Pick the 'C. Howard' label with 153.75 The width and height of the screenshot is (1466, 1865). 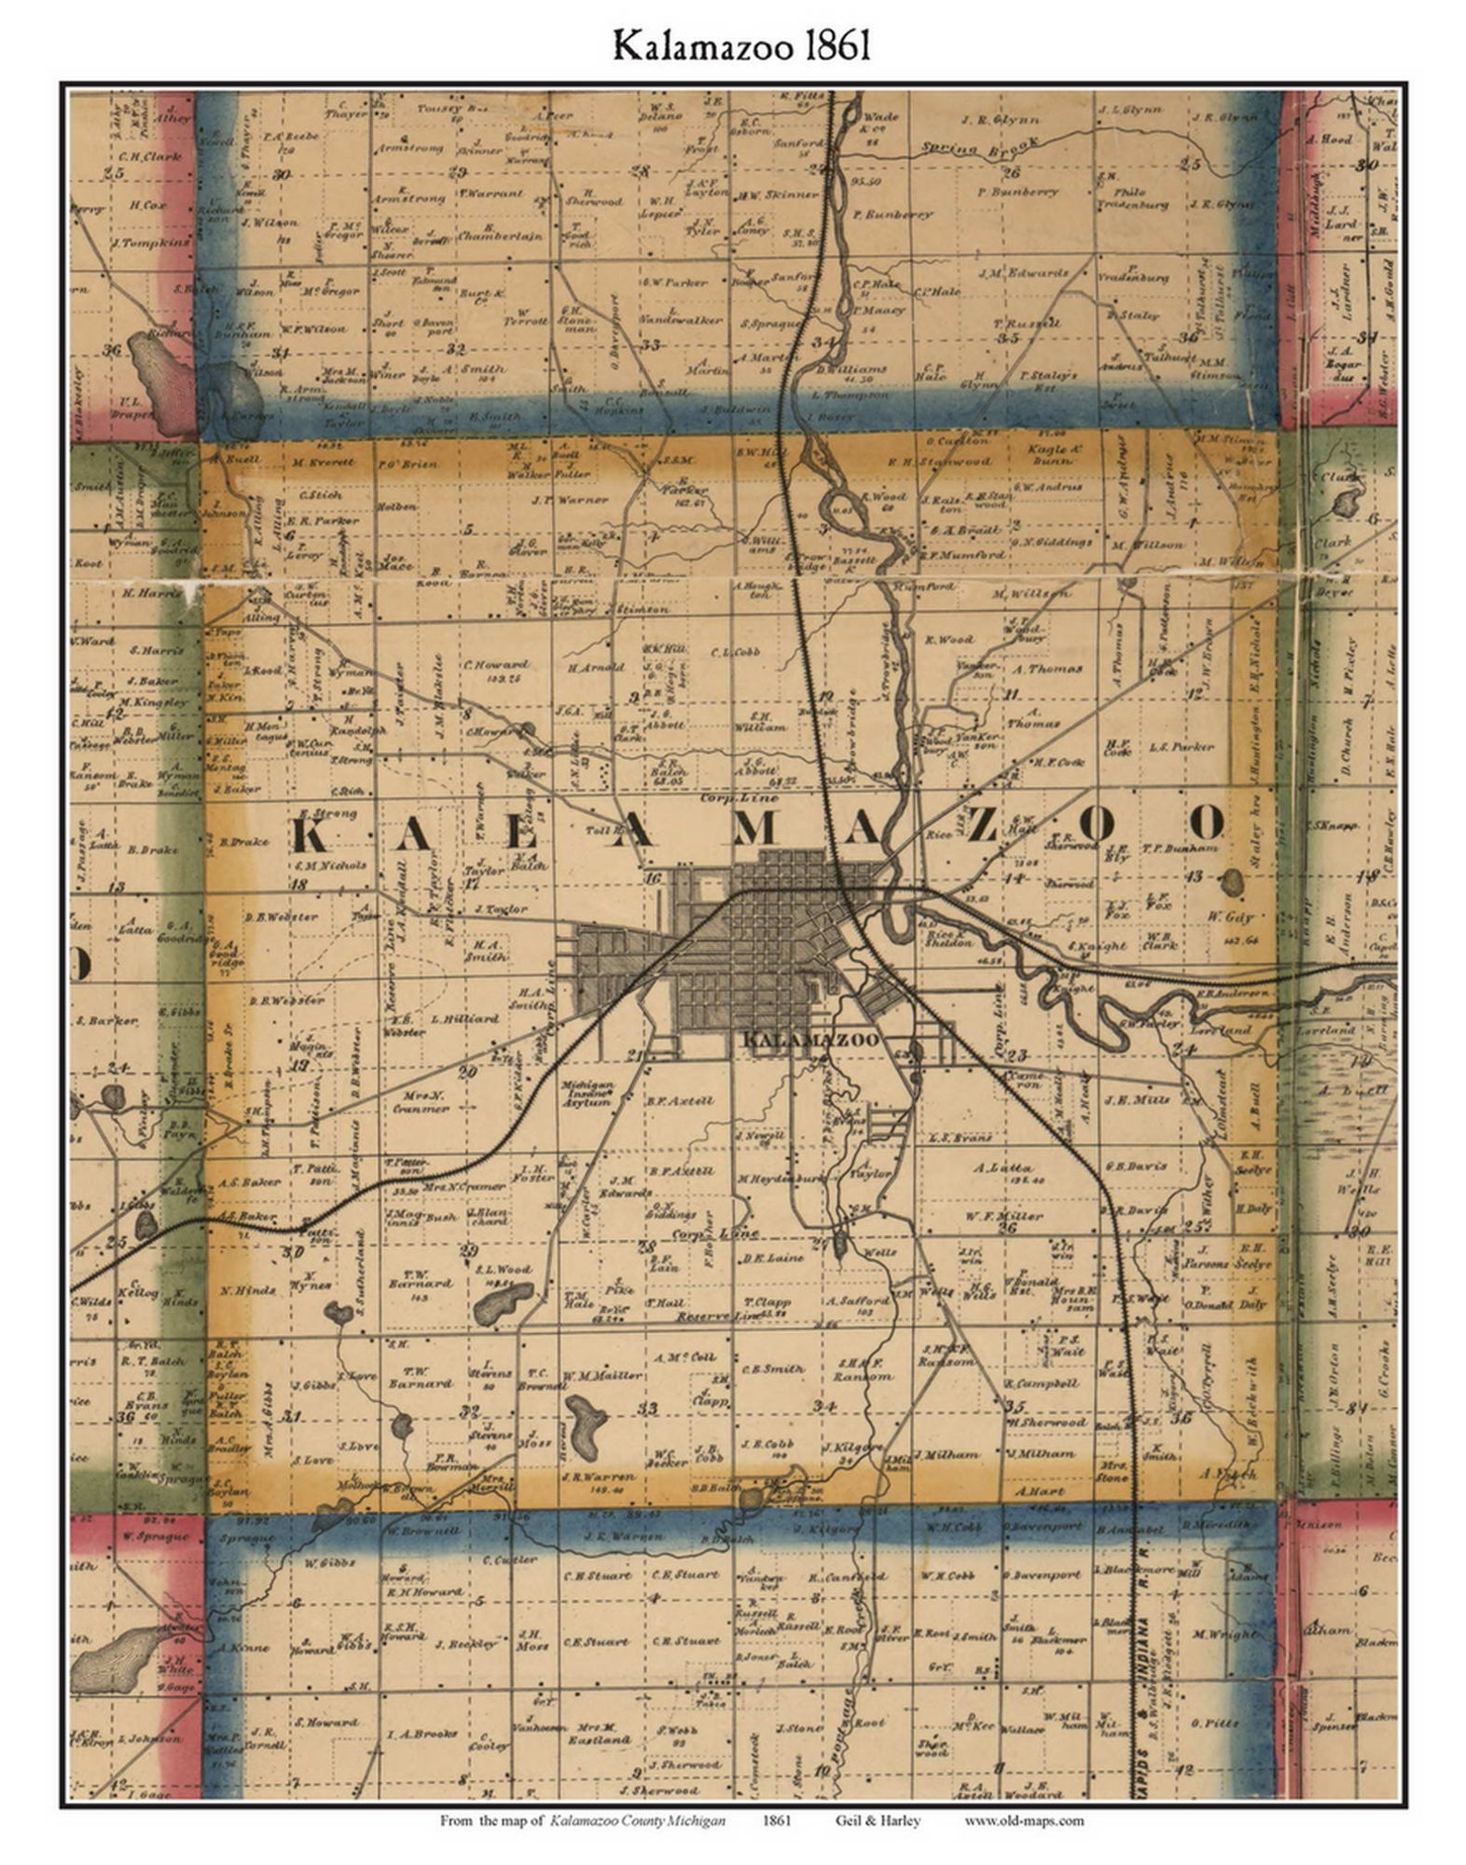[x=495, y=664]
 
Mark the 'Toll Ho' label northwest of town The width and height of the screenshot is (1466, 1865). [x=605, y=831]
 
